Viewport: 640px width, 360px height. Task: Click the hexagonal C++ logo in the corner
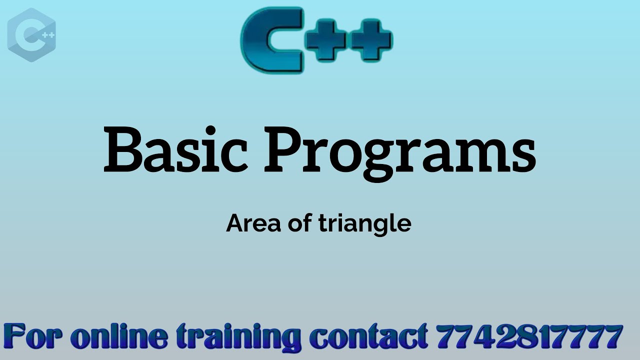(31, 35)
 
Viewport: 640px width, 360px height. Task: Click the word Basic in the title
(175, 148)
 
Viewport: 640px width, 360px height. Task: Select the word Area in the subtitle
(254, 223)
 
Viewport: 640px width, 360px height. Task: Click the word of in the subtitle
(300, 223)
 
